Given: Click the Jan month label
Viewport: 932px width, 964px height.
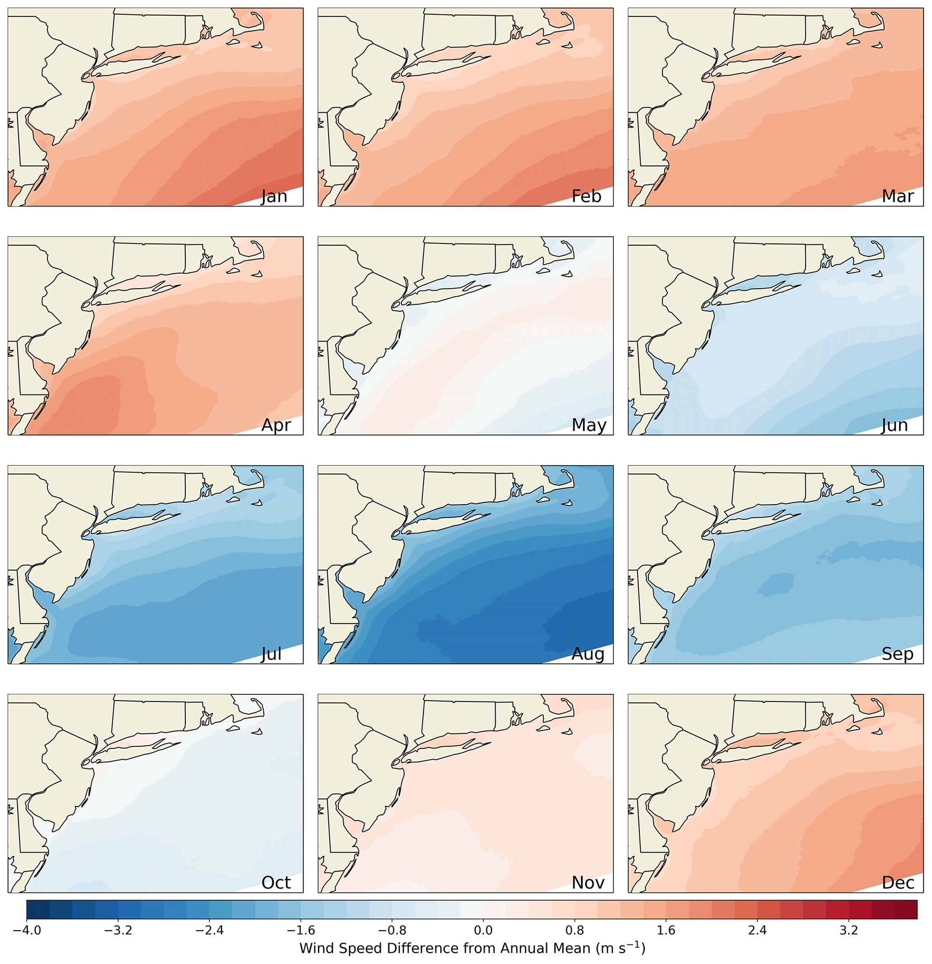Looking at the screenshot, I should (274, 196).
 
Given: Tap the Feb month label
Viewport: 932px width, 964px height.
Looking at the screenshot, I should (586, 196).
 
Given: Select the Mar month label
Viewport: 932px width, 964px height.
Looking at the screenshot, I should (898, 196).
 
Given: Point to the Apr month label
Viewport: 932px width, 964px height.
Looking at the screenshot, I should (276, 425).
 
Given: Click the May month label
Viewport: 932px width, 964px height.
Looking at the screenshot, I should (589, 425).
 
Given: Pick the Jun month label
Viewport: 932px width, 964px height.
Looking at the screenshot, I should (894, 425).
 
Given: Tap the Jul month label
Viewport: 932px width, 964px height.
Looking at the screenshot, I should (271, 654).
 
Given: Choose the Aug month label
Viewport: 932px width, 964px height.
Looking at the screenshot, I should (588, 654).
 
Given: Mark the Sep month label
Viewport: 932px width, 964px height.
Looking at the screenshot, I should (897, 654).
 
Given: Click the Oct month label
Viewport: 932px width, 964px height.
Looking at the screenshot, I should (276, 882).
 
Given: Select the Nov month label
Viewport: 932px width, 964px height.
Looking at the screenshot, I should (588, 882).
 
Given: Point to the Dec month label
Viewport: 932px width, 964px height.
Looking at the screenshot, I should (898, 882).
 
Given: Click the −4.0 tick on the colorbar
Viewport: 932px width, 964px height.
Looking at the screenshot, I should (27, 930).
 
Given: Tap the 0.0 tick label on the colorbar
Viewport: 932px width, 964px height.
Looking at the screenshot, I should (483, 930).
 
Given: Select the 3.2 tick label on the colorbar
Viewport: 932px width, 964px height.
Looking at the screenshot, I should (849, 930).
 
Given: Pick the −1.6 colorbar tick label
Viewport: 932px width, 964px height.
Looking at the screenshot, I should (301, 930).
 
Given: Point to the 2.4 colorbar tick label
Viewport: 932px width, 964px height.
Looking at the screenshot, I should (758, 930).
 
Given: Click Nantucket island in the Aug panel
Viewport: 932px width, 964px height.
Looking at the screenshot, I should (567, 503).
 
